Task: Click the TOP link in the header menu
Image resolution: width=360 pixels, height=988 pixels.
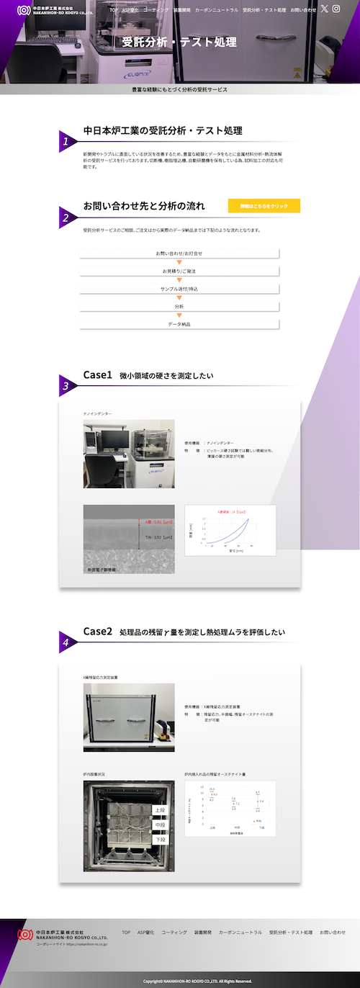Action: point(114,10)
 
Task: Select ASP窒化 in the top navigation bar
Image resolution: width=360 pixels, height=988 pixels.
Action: point(130,10)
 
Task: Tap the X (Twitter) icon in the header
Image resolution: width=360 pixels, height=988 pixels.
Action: point(325,9)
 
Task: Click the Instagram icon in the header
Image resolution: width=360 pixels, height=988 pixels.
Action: point(336,9)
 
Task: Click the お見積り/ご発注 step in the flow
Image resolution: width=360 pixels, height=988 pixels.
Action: point(179,271)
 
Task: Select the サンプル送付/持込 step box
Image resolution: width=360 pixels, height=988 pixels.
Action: point(179,289)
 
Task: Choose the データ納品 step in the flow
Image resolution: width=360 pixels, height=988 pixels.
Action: point(179,324)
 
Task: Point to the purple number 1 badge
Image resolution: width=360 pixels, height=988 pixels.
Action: point(66,142)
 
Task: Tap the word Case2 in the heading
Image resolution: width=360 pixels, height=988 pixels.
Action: point(98,632)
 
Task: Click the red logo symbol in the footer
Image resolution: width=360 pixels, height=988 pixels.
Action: point(25,934)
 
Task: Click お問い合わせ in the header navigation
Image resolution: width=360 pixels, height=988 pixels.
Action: point(303,10)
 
